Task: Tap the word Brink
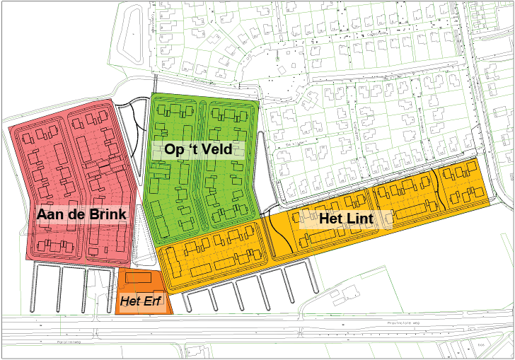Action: click(105, 214)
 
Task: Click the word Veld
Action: click(216, 150)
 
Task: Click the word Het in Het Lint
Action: click(332, 218)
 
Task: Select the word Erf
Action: click(152, 303)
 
